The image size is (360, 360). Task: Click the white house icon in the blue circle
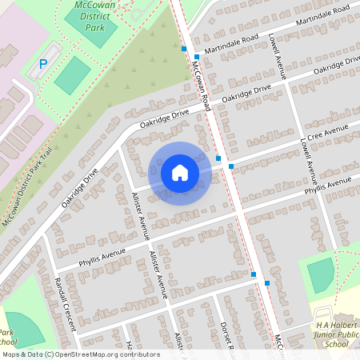[x=180, y=173]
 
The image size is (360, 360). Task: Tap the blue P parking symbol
[x=44, y=62]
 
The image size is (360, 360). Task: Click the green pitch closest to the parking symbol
[x=72, y=74]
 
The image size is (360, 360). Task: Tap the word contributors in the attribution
[x=136, y=354]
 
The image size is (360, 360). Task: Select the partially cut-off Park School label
[x=6, y=336]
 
